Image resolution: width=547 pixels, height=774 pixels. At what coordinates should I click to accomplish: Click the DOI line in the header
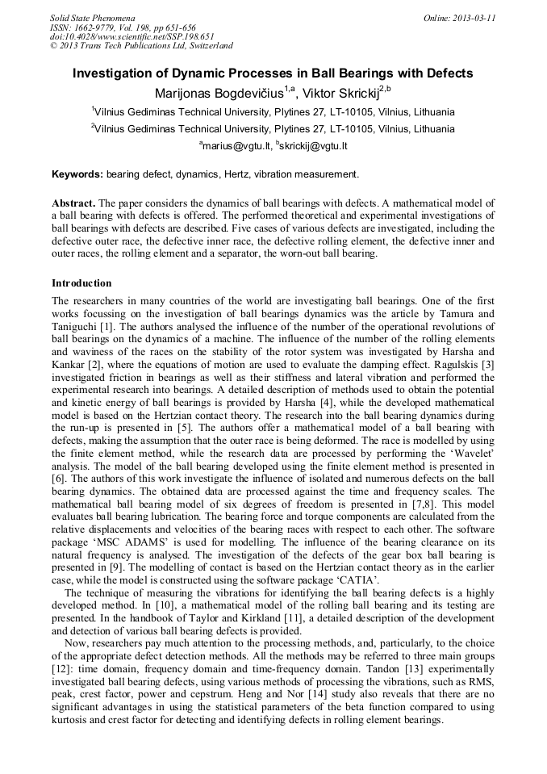coord(132,36)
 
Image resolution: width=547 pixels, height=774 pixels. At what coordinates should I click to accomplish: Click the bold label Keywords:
coord(77,174)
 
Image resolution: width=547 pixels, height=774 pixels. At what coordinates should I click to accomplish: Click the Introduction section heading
coord(81,283)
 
